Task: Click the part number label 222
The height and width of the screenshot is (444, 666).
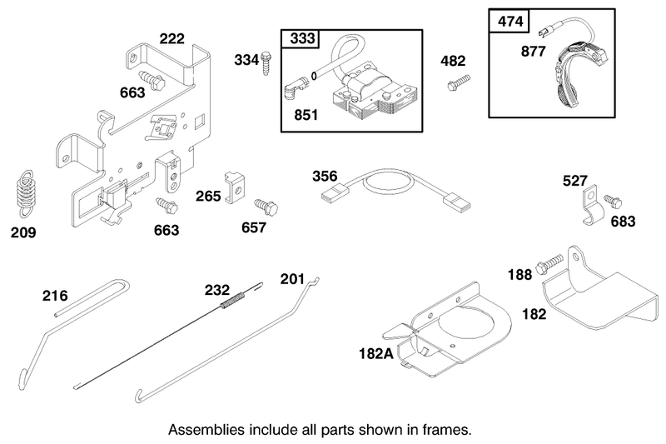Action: [x=172, y=38]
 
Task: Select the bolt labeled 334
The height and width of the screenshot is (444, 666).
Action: [x=266, y=63]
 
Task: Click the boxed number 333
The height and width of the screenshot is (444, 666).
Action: [x=302, y=38]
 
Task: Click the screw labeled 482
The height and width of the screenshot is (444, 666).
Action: [x=459, y=82]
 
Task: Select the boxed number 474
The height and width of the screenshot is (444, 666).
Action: [x=510, y=21]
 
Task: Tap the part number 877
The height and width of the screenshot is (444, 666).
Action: [x=533, y=52]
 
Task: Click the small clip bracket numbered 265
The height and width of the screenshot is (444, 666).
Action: [x=235, y=187]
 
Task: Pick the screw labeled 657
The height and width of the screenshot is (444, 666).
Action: [x=266, y=207]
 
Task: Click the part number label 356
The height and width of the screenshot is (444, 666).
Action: [x=325, y=176]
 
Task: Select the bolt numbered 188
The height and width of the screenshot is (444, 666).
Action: [x=549, y=263]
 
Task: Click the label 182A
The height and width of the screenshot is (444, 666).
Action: [x=376, y=353]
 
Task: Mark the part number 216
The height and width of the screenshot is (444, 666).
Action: [x=55, y=295]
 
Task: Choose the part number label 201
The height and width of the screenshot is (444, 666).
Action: [x=292, y=279]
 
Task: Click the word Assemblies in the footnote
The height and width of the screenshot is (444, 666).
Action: [x=206, y=430]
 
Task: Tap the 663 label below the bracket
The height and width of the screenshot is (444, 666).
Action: [x=166, y=230]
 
